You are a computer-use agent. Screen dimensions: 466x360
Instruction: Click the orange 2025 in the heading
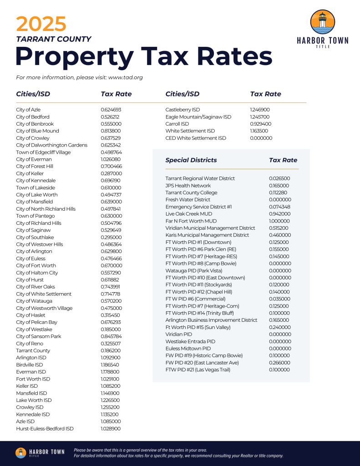click(x=41, y=24)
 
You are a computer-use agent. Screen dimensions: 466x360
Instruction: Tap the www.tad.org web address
click(x=126, y=77)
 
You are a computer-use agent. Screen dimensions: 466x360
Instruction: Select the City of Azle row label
click(x=28, y=110)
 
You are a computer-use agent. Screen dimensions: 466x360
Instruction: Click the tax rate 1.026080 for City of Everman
click(x=111, y=159)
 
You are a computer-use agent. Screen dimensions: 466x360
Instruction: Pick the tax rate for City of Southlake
click(x=111, y=237)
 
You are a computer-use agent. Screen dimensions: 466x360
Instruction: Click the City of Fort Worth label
click(x=36, y=266)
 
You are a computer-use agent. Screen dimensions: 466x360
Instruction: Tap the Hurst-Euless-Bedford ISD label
click(x=45, y=429)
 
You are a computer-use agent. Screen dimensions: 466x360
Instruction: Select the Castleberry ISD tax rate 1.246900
click(x=260, y=110)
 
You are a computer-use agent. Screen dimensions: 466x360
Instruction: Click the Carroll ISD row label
click(x=177, y=124)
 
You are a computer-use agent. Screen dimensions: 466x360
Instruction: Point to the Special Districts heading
click(x=191, y=160)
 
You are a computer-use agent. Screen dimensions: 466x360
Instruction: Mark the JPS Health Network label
click(x=188, y=186)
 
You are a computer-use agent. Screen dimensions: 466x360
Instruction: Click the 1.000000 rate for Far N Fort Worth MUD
click(x=279, y=221)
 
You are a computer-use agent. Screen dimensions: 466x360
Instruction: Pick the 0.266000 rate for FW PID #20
click(x=279, y=363)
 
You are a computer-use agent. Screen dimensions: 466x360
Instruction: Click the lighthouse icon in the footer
click(x=21, y=453)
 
